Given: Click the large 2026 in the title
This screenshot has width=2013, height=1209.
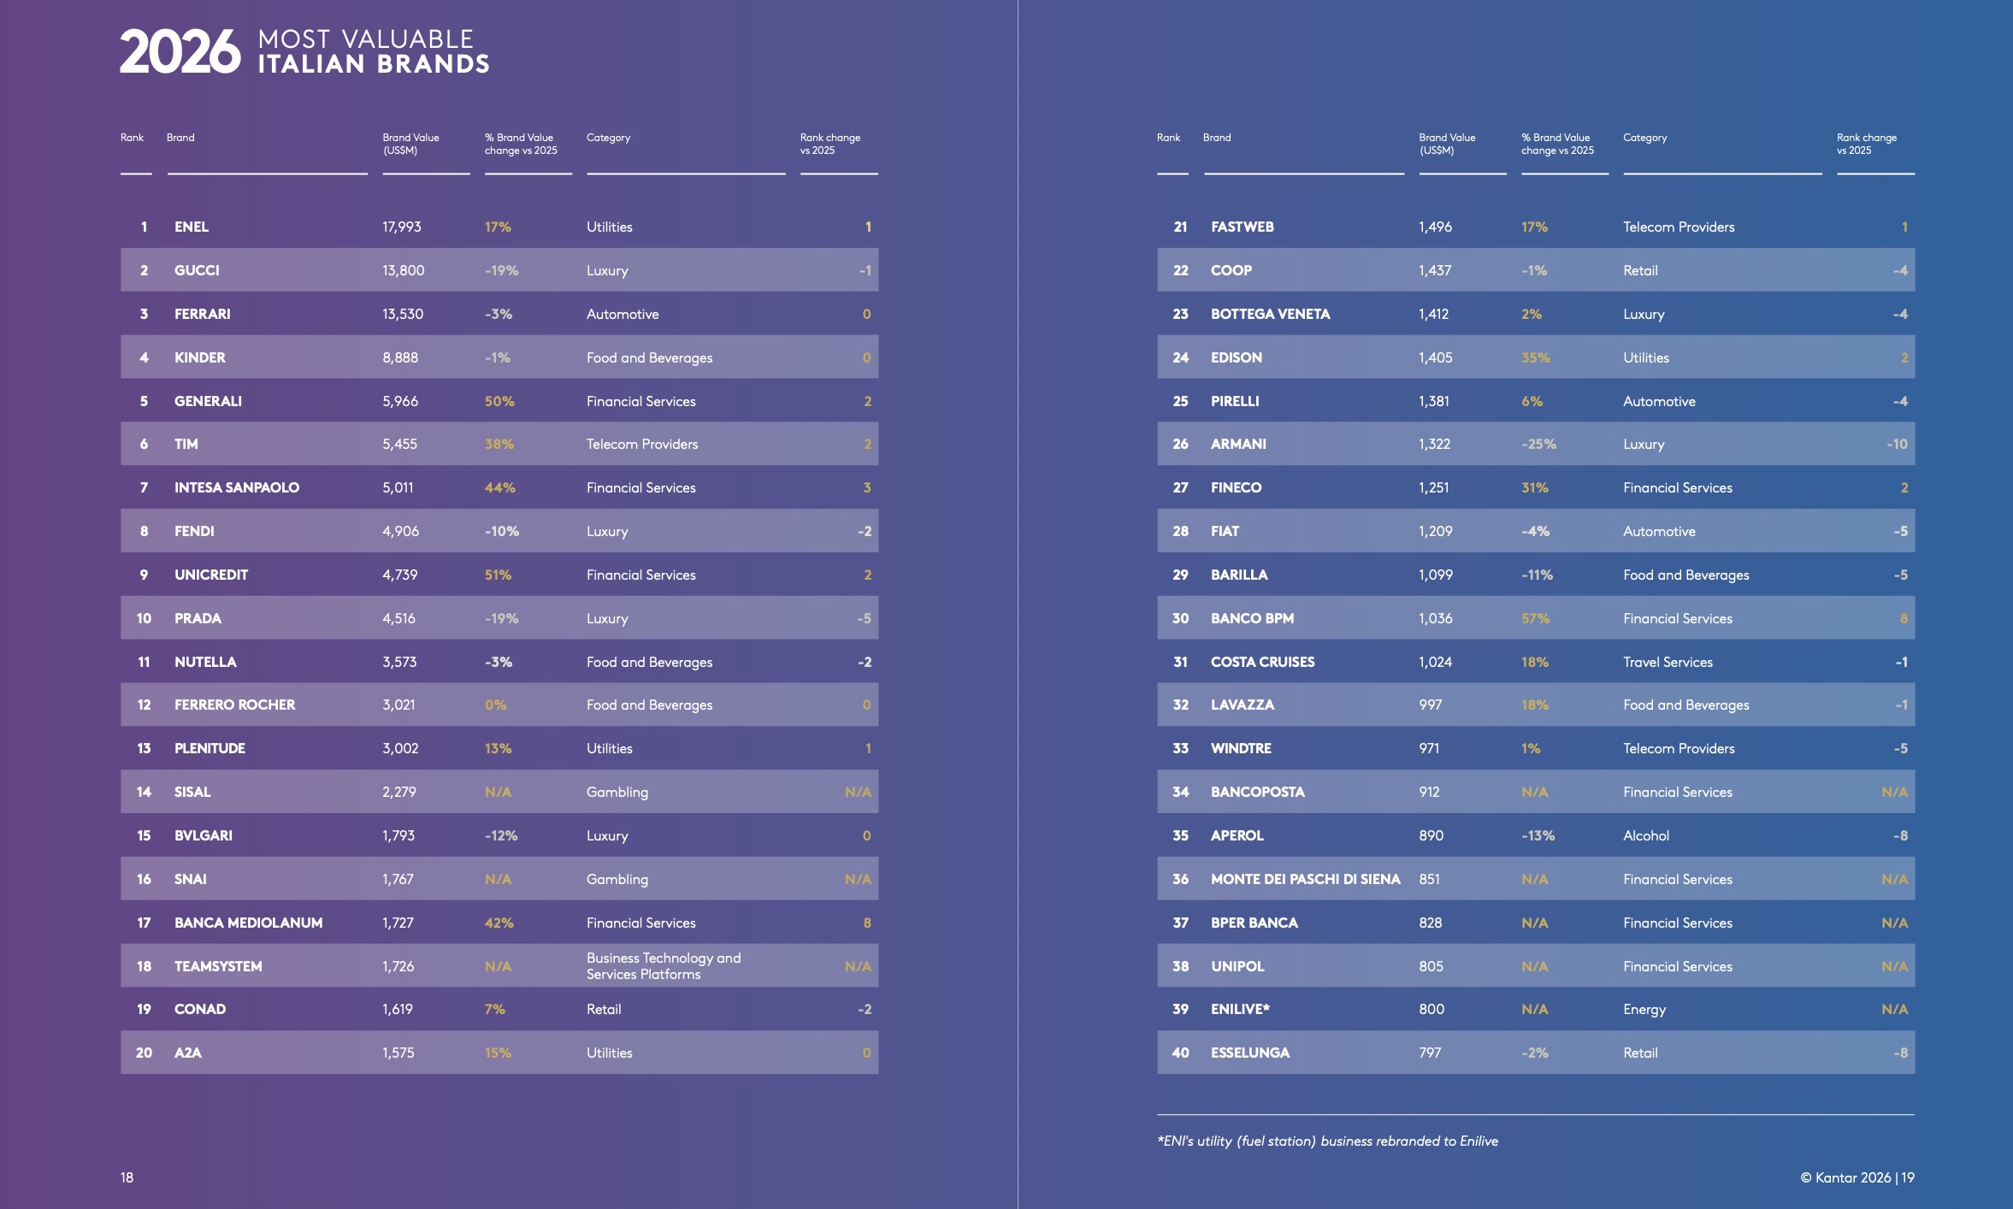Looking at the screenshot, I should [180, 52].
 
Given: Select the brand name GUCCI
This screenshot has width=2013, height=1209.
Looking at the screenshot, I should [197, 270].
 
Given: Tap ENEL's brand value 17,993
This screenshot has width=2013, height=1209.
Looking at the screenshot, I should [401, 227].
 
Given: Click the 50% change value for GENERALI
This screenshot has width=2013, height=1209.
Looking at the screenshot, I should [499, 401].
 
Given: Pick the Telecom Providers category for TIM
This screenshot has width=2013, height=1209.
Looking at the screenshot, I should [641, 444].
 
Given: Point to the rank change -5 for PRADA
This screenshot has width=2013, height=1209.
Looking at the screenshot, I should [865, 618].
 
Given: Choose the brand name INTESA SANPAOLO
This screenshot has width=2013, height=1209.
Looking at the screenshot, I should [237, 487].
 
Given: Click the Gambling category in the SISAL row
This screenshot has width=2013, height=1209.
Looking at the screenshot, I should [617, 792].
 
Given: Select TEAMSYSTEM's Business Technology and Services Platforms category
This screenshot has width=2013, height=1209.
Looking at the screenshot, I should [663, 966].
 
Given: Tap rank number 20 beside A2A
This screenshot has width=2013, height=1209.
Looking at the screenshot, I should [144, 1053].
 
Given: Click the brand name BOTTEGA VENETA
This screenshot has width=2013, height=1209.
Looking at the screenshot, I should [1270, 314].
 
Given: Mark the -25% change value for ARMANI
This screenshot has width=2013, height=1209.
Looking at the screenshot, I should [1538, 444].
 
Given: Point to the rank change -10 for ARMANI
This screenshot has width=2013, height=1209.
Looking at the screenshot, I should [1897, 444].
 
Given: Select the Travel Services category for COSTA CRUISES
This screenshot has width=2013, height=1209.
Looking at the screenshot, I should [1668, 662].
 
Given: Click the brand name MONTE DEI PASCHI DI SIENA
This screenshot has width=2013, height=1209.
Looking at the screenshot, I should [1305, 879].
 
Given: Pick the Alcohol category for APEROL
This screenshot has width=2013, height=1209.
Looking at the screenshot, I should [1645, 835].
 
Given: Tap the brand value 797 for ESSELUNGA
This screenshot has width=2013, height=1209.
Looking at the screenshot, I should [1430, 1053].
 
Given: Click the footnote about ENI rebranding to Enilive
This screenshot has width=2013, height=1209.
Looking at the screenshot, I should [1327, 1141].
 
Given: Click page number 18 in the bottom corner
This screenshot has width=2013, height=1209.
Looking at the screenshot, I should [127, 1177].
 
